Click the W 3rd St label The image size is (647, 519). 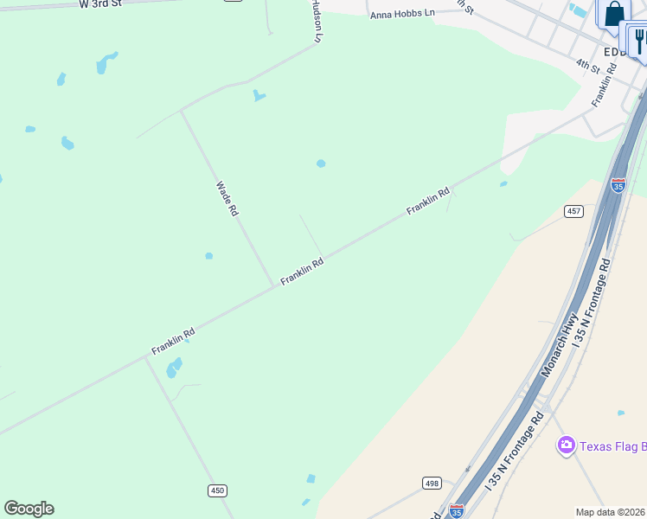[100, 4]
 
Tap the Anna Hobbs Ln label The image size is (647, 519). [402, 15]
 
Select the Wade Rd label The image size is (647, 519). [227, 198]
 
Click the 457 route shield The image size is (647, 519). [575, 211]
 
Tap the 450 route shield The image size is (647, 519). [217, 490]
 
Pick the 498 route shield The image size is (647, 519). [432, 483]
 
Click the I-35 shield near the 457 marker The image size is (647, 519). [618, 185]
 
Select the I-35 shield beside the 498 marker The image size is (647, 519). [457, 511]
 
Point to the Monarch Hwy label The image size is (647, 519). [558, 344]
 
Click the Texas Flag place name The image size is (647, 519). [612, 446]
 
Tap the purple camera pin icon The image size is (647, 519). [567, 445]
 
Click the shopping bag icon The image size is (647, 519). [613, 14]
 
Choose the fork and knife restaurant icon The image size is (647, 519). [639, 40]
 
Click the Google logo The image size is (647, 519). [29, 509]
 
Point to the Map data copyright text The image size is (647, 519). [611, 512]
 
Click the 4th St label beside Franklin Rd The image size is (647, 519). [588, 65]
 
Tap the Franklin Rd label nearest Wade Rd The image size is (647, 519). [302, 272]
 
